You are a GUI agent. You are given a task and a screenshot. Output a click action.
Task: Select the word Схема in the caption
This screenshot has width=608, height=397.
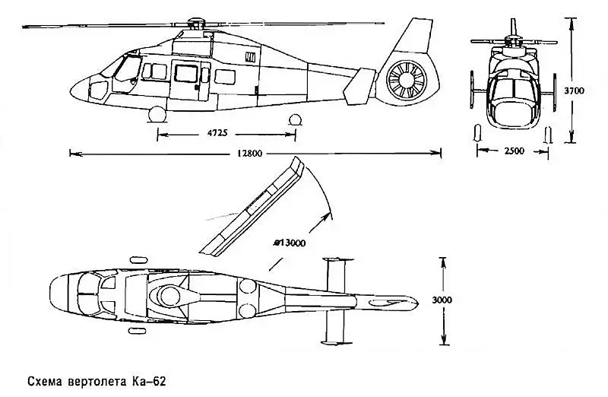point(43,380)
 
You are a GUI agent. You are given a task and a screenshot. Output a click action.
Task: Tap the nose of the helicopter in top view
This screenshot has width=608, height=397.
point(55,293)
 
